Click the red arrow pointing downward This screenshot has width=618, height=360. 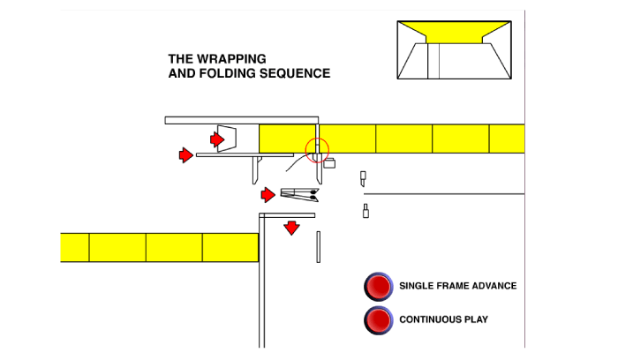[x=291, y=229]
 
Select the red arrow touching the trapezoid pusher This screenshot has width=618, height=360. [x=217, y=139]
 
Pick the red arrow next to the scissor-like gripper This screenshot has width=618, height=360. [x=268, y=194]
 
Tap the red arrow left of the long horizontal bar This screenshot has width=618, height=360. [x=185, y=155]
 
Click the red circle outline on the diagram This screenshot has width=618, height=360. [x=317, y=150]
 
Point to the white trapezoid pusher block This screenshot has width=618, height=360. [x=230, y=139]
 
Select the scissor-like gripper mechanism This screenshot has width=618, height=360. [x=300, y=194]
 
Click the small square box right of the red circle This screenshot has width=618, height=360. [x=330, y=162]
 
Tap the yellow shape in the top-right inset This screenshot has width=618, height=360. [x=456, y=32]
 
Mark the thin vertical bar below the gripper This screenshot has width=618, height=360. [x=319, y=246]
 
